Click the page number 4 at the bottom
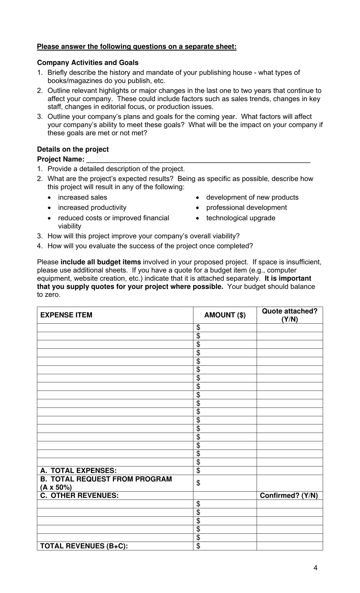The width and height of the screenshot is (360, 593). [x=315, y=568]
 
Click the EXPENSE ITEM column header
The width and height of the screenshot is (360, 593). [x=66, y=315]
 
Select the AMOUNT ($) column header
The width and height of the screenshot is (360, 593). [x=225, y=315]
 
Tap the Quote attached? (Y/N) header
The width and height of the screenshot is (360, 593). [x=290, y=315]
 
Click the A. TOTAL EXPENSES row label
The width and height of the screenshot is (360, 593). [x=78, y=471]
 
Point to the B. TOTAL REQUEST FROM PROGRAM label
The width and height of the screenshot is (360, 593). [x=106, y=479]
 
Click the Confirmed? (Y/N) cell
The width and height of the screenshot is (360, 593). [x=289, y=496]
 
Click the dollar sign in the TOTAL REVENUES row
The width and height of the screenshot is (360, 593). [x=198, y=546]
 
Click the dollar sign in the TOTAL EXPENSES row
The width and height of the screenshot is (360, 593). [x=198, y=471]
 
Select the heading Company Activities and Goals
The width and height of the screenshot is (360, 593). [x=88, y=63]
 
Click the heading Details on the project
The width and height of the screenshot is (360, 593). [x=73, y=149]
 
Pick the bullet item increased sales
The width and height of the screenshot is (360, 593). [x=82, y=198]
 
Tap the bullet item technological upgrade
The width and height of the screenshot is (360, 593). [x=241, y=218]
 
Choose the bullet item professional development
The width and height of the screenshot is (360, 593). [x=246, y=208]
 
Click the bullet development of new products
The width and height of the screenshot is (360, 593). [x=252, y=198]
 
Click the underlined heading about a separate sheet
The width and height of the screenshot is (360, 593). [x=136, y=47]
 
